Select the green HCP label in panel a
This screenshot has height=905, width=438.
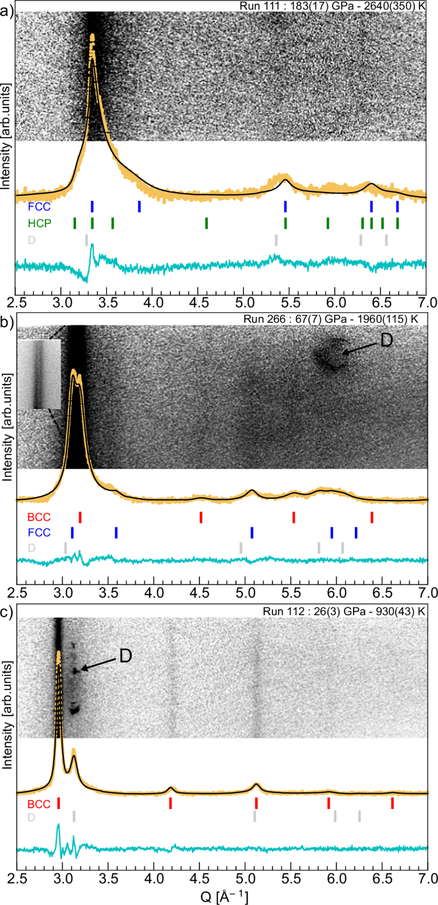[x=40, y=223]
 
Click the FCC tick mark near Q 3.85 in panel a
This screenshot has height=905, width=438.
[x=139, y=206]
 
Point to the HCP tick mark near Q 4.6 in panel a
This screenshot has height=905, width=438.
[x=207, y=223]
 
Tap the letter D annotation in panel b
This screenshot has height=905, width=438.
[x=387, y=340]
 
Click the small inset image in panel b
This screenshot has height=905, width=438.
[x=39, y=374]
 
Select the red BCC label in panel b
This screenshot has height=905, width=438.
[x=39, y=517]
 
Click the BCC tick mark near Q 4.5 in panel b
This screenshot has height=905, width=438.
[x=201, y=517]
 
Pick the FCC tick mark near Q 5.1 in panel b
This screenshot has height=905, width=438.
[x=252, y=533]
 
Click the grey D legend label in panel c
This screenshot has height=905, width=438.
[x=31, y=817]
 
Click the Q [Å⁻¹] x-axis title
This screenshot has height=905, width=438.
[x=221, y=895]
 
